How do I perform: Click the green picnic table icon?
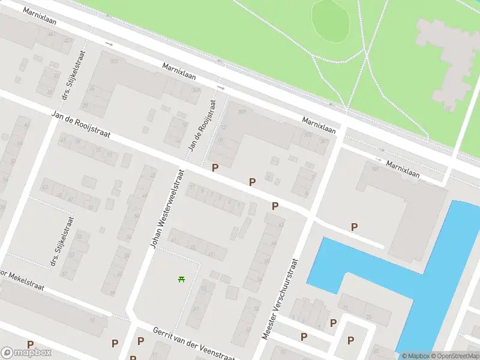pyautogui.click(x=181, y=278)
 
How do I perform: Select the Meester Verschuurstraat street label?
pyautogui.click(x=280, y=298)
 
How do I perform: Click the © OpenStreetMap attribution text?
pyautogui.click(x=454, y=356)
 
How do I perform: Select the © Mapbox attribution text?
pyautogui.click(x=414, y=356)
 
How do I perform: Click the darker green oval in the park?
pyautogui.click(x=331, y=20)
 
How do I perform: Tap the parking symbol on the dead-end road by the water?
pyautogui.click(x=354, y=227)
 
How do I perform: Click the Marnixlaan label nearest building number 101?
pyautogui.click(x=403, y=169)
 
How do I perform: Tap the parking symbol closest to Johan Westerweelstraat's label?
pyautogui.click(x=214, y=168)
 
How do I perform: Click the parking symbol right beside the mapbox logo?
pyautogui.click(x=30, y=344)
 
